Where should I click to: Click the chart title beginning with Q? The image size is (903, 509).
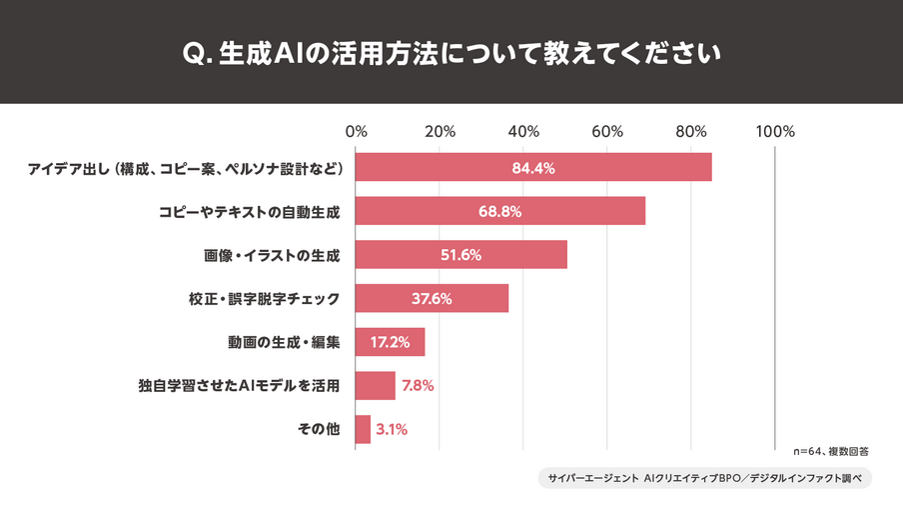(451, 51)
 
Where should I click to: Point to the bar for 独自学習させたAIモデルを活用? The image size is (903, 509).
(376, 385)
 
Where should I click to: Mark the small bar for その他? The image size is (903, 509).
(363, 429)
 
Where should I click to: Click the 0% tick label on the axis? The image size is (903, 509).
(356, 131)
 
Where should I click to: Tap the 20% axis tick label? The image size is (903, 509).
(440, 131)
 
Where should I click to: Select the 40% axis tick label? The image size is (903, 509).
(523, 131)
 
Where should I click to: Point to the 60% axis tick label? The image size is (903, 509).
(607, 131)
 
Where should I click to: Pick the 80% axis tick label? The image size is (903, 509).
(691, 131)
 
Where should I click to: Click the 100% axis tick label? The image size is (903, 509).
(775, 131)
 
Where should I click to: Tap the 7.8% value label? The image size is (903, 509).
(418, 385)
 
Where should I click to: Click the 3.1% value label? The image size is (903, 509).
(393, 429)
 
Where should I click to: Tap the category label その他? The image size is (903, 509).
(319, 429)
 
